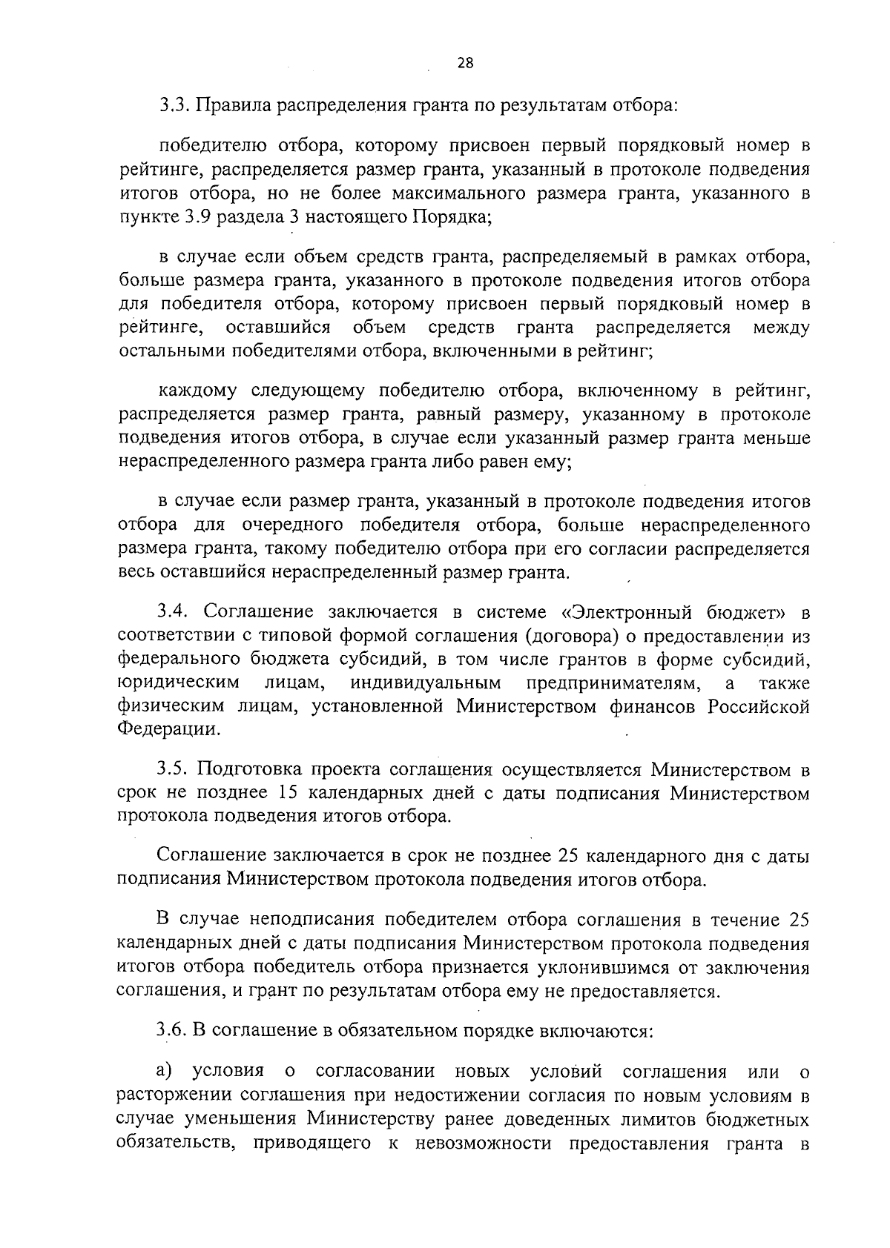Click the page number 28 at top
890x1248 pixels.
pyautogui.click(x=465, y=63)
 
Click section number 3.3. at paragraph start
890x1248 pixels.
pyautogui.click(x=176, y=105)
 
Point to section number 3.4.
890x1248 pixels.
pyautogui.click(x=176, y=613)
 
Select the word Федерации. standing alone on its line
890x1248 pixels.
pyautogui.click(x=169, y=729)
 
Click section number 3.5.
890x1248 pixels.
pyautogui.click(x=176, y=771)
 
